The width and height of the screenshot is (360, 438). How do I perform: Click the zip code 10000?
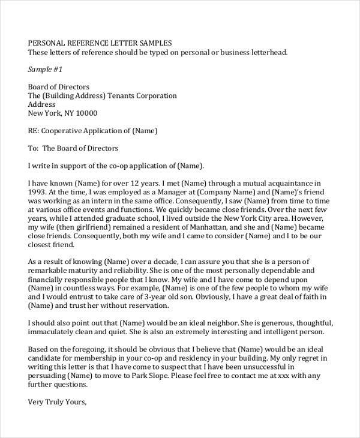pyautogui.click(x=85, y=113)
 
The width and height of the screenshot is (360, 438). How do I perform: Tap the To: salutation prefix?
pyautogui.click(x=33, y=148)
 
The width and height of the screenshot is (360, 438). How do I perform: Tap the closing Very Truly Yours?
pyautogui.click(x=58, y=402)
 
